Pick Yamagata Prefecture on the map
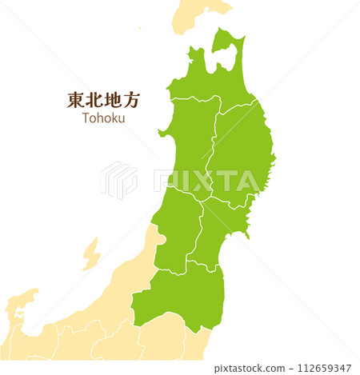click(176, 228)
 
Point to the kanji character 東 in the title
click(76, 100)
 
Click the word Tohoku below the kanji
click(103, 118)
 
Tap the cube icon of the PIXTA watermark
click(118, 180)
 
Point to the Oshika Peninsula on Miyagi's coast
click(249, 233)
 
